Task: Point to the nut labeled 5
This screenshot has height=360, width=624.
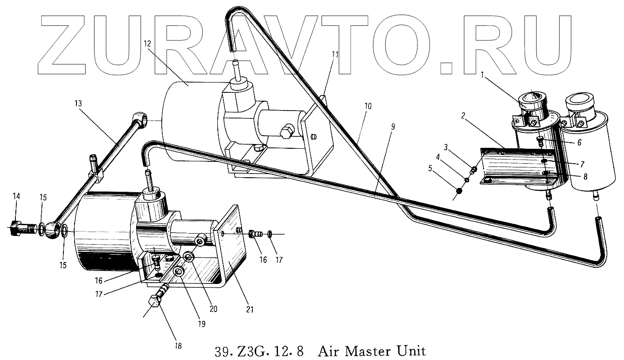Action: coord(458,191)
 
